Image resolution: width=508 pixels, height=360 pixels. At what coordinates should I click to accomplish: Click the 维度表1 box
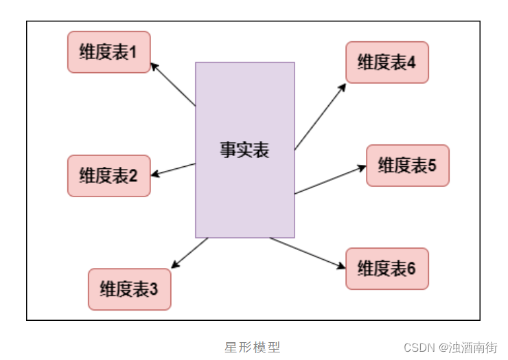coord(108,52)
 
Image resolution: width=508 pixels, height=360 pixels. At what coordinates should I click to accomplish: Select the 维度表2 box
coord(108,176)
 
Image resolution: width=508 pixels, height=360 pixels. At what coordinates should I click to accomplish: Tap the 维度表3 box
coord(129,289)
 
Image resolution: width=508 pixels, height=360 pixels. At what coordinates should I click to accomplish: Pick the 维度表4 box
coord(387,63)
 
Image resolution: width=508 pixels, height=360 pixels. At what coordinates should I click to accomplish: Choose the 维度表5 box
coord(408,166)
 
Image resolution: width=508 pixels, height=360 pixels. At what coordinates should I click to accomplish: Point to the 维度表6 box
coord(387,269)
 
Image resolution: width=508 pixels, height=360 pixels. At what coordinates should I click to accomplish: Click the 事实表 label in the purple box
coord(244,150)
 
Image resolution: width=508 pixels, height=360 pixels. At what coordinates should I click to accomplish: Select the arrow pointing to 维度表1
coord(173,85)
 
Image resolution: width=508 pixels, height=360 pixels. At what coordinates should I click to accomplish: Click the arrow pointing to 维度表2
coord(173,170)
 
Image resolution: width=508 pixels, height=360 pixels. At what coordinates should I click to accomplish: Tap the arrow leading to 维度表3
coord(189,253)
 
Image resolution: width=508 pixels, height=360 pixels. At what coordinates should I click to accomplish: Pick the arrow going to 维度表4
coord(320,117)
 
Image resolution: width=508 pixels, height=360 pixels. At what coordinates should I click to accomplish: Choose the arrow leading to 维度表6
coord(308,253)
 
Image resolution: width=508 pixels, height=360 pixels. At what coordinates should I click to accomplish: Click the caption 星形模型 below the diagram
coord(253,347)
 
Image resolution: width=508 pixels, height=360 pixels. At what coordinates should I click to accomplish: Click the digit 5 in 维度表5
coord(432,166)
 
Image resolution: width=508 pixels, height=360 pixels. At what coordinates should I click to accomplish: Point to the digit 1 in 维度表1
coord(134,52)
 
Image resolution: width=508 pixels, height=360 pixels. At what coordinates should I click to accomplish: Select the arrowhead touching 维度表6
coord(341,266)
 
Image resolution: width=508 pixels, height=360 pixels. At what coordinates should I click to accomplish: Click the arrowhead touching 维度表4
coord(343,87)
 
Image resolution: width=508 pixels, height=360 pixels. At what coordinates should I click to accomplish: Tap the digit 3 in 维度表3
coord(154,289)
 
